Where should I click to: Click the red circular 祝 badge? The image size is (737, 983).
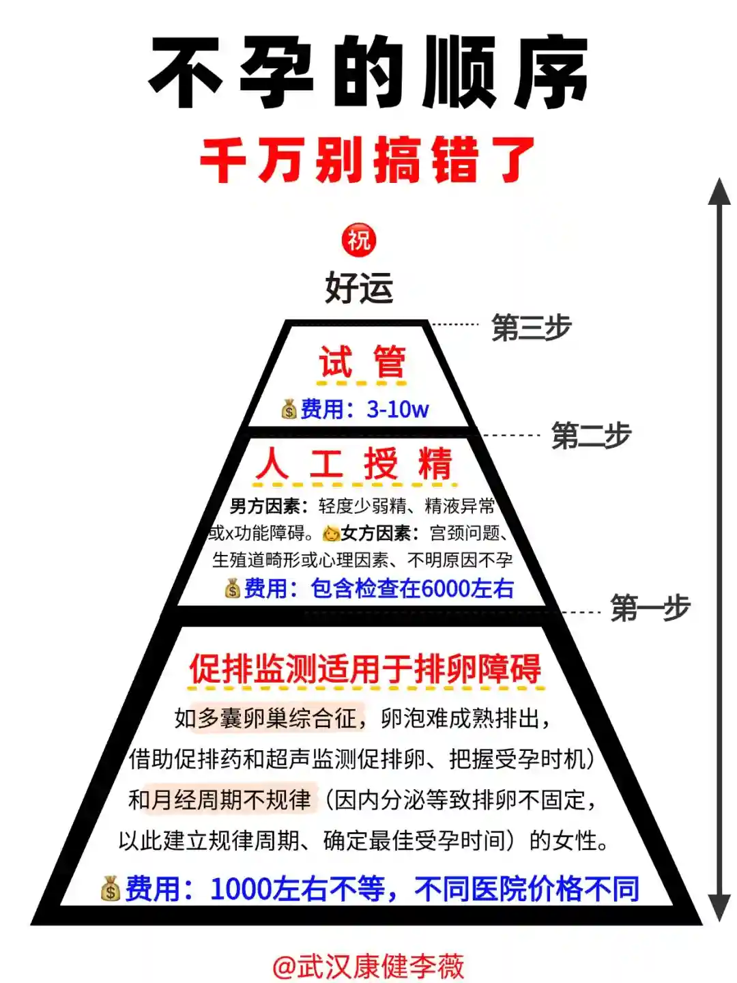coord(359,240)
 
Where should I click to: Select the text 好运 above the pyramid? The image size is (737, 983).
coord(359,287)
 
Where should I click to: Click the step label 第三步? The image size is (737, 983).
coord(531,328)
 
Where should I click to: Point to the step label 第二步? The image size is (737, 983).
coord(591,436)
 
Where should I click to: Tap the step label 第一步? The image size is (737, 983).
coord(650,608)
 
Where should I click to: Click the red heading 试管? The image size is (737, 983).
coord(362,362)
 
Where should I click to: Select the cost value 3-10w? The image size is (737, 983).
coord(397,410)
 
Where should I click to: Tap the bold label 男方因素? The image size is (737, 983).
coord(264,506)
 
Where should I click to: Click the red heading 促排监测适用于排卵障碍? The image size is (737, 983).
coord(365,669)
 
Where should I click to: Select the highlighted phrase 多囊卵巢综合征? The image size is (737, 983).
coord(276,718)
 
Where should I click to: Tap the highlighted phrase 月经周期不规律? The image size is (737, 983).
coord(231,799)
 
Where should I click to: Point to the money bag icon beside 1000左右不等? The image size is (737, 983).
coord(111,889)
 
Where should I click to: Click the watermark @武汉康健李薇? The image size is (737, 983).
coord(369,966)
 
